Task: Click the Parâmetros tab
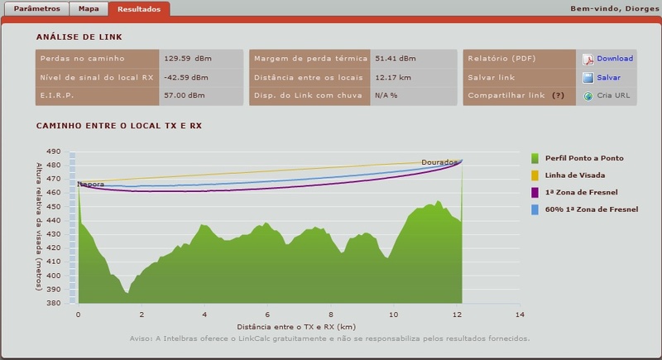(32, 8)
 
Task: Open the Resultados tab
(139, 8)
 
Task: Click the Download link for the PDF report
(614, 59)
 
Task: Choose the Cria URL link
(613, 96)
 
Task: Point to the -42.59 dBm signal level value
(182, 77)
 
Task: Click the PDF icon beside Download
(588, 59)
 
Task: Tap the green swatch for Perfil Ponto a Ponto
(535, 157)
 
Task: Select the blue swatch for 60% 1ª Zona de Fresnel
(535, 210)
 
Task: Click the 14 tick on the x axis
(520, 315)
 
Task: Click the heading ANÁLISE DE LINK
(79, 37)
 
